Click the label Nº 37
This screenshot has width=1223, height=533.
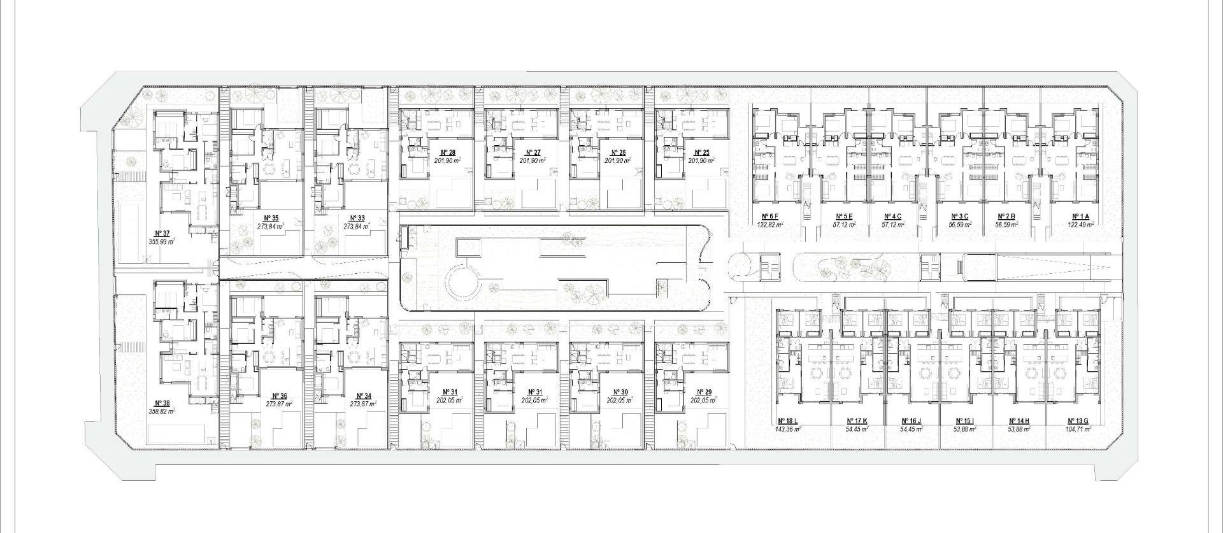click(x=162, y=233)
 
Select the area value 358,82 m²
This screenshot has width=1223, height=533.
click(x=162, y=411)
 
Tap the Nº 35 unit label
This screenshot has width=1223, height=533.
click(x=271, y=218)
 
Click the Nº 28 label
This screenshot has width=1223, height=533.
click(x=448, y=153)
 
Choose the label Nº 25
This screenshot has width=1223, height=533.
click(x=701, y=153)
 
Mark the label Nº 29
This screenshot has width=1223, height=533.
click(x=704, y=392)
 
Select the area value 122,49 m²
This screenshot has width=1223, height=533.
click(x=1081, y=224)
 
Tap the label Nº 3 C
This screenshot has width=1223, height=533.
click(x=959, y=217)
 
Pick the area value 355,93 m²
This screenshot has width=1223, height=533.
click(x=162, y=241)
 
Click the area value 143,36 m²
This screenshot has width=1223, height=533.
click(x=787, y=429)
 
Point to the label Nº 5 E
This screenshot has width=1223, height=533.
click(x=845, y=217)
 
